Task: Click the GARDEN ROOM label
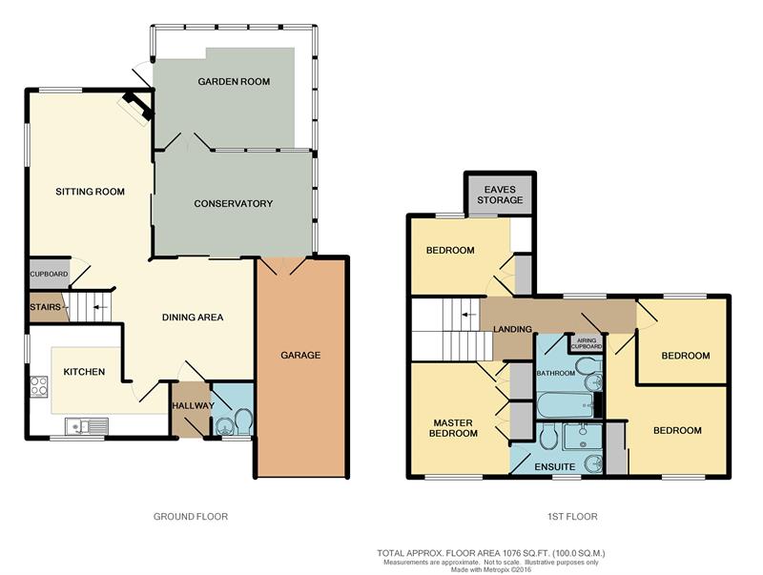click(x=234, y=82)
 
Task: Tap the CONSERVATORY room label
click(x=233, y=203)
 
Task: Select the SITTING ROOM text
click(x=90, y=192)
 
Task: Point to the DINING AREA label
click(x=193, y=318)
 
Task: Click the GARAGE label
click(x=300, y=355)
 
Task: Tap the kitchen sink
click(x=87, y=426)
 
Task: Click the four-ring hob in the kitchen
click(x=39, y=387)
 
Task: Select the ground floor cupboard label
click(x=50, y=274)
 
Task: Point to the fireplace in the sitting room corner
click(x=137, y=107)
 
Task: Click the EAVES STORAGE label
click(x=500, y=195)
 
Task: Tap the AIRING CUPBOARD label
click(x=587, y=343)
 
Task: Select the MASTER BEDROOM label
click(x=453, y=428)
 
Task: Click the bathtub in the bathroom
click(x=566, y=405)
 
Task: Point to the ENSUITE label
click(x=555, y=467)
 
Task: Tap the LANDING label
click(x=512, y=329)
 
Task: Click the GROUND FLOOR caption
click(x=191, y=517)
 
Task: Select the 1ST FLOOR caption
click(x=572, y=517)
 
